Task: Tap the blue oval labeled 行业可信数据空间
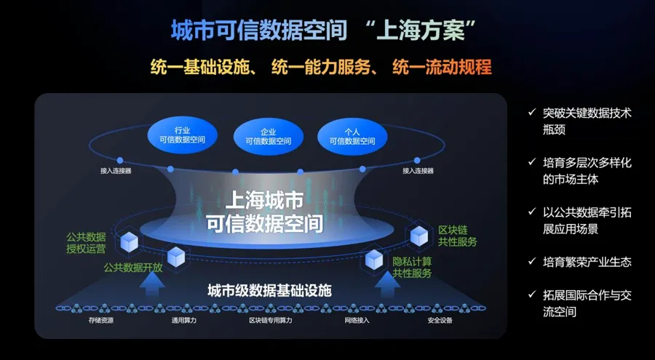181,135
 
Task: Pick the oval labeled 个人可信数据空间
352,136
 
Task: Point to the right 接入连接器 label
418,171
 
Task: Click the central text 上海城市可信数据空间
264,211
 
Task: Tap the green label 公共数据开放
132,267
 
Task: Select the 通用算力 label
184,320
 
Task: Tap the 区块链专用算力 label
270,320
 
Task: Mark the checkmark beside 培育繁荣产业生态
532,262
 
